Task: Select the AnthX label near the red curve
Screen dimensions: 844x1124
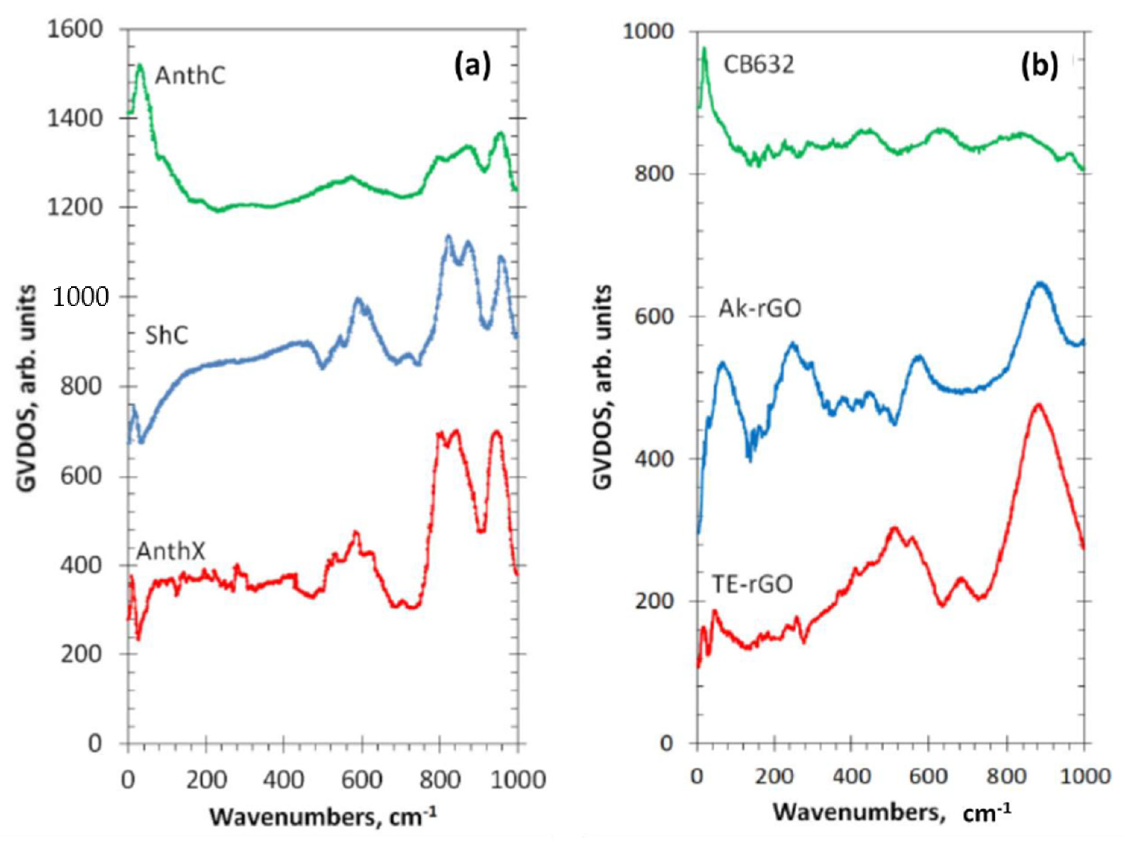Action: point(171,551)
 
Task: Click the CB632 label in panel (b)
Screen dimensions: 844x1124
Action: point(758,66)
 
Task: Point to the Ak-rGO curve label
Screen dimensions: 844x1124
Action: point(760,309)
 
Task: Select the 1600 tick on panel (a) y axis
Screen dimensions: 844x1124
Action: point(75,29)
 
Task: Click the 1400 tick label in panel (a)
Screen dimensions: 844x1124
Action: point(75,118)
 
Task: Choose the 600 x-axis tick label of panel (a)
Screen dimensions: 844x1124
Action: point(361,779)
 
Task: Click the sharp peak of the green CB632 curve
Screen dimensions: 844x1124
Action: point(704,49)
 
